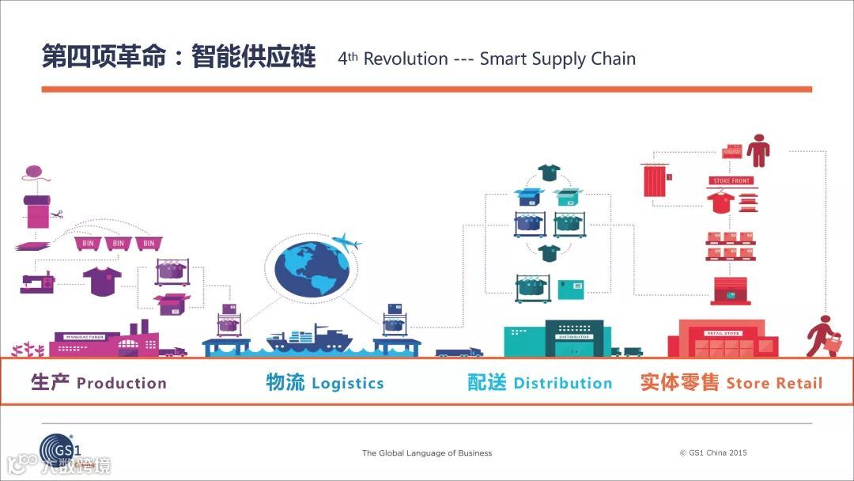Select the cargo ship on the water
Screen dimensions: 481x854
point(309,338)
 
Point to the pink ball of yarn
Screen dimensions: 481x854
point(32,172)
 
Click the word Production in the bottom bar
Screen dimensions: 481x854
point(122,384)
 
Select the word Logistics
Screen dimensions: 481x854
point(347,384)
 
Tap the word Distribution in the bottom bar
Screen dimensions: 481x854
point(562,384)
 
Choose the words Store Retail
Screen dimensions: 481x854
point(774,384)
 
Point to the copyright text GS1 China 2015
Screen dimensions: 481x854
point(712,453)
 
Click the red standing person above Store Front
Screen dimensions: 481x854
point(758,150)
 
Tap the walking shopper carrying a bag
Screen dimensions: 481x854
point(824,336)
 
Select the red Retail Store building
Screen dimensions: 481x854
point(723,338)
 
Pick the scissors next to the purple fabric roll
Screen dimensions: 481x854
point(55,214)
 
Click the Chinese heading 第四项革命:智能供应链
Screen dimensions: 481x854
point(179,58)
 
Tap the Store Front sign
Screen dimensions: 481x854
point(731,181)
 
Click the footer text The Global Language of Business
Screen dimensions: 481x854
point(427,453)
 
